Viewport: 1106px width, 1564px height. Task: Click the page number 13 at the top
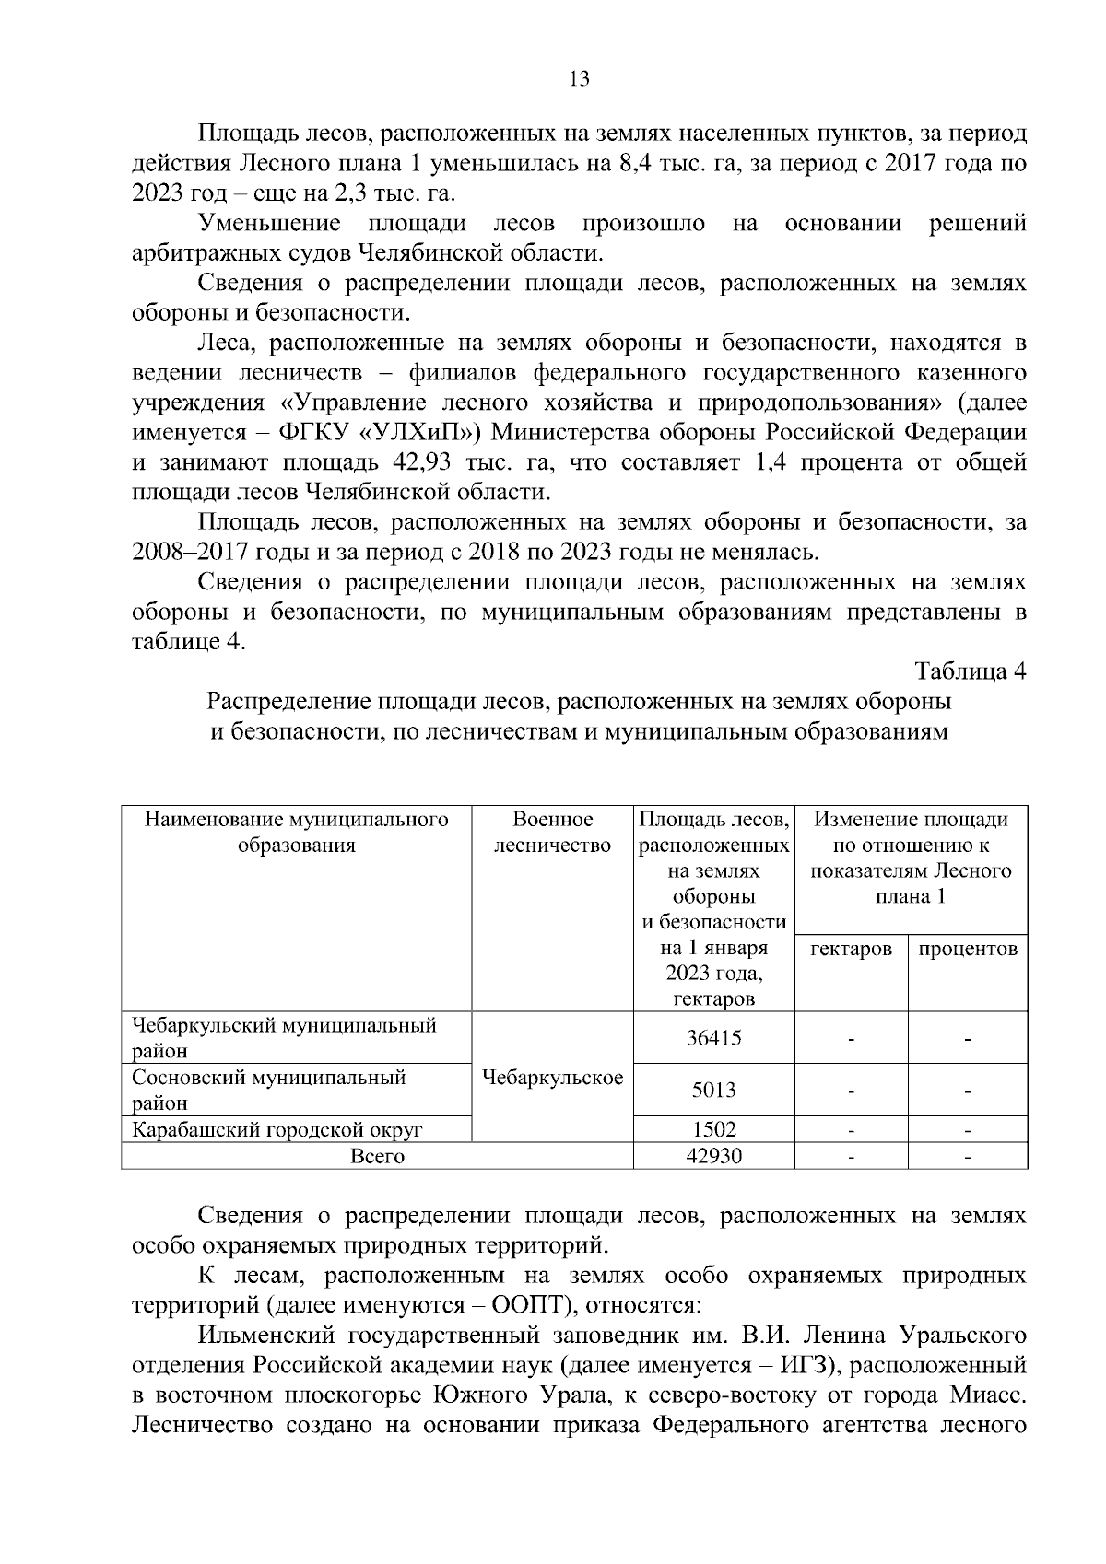(x=580, y=78)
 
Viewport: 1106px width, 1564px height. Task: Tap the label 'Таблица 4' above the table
(x=970, y=671)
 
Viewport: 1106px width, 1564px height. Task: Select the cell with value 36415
(x=713, y=1038)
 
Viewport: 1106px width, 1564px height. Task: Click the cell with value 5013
(x=713, y=1091)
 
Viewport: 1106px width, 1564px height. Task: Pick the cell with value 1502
(x=713, y=1129)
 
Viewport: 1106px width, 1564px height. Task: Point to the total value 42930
(x=713, y=1155)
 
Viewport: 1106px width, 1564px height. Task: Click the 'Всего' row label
(x=377, y=1156)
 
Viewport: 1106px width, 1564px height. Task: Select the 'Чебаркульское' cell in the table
(x=552, y=1078)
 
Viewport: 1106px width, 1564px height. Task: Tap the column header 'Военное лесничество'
(x=552, y=833)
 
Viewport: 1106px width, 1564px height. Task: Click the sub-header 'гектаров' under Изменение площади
(x=851, y=949)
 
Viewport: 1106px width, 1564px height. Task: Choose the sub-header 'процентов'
(x=968, y=949)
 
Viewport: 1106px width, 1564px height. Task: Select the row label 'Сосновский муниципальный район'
(x=269, y=1090)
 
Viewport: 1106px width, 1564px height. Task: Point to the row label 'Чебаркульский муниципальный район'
(x=284, y=1038)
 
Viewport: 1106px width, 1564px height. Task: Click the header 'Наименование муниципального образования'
(x=296, y=833)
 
